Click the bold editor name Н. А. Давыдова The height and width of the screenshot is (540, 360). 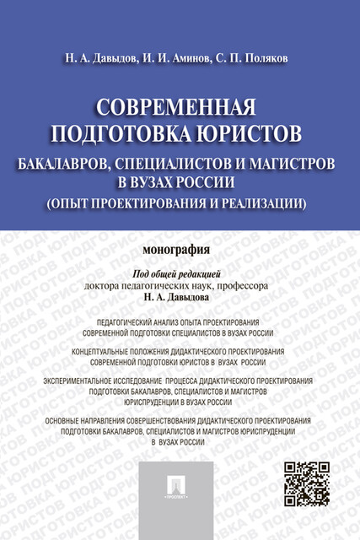(180, 298)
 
